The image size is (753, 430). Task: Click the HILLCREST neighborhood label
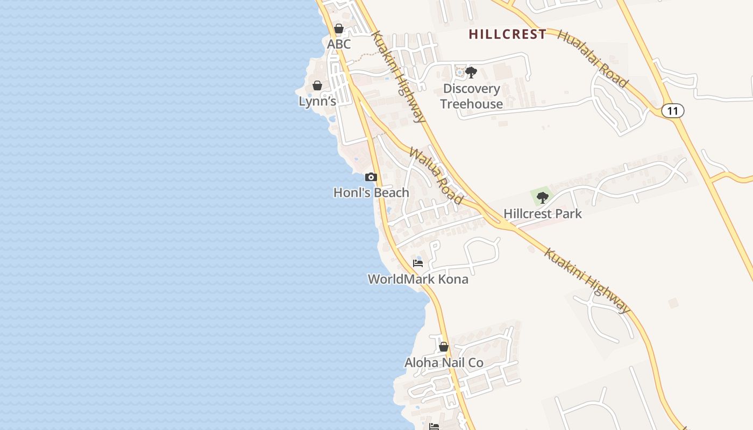tap(507, 34)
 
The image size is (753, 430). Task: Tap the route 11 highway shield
tap(672, 111)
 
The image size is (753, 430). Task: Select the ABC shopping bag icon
tap(339, 28)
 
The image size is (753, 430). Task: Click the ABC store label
tap(339, 44)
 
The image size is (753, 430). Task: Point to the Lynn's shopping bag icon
tap(317, 85)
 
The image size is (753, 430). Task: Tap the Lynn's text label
tap(317, 101)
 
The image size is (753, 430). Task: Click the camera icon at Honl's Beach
tap(371, 177)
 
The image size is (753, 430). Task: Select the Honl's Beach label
tap(371, 192)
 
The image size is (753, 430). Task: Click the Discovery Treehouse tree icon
tap(471, 72)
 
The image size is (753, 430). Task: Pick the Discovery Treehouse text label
tap(471, 96)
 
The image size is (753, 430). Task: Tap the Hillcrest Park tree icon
tap(542, 197)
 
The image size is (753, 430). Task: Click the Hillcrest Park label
tap(542, 213)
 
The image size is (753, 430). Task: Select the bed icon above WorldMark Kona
tap(418, 263)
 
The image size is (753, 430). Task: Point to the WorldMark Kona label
tap(418, 279)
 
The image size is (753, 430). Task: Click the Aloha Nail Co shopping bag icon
tap(444, 347)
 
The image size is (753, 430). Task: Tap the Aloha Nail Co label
tap(444, 363)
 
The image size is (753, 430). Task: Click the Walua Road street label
tap(436, 175)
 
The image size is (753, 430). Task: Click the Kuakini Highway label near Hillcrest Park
tap(587, 280)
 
